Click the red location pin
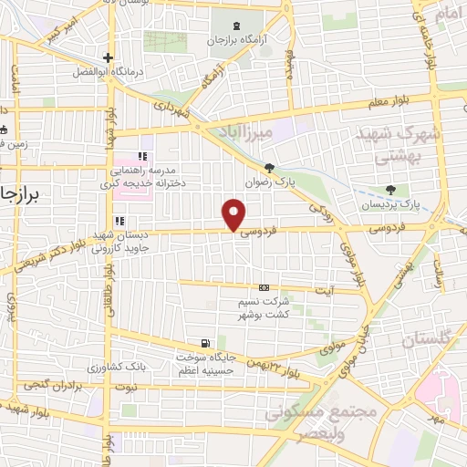click(234, 214)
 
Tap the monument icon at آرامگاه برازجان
click(238, 25)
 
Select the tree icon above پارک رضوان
click(269, 167)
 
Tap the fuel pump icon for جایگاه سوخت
click(207, 344)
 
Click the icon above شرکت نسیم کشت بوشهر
click(265, 288)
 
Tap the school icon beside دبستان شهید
click(119, 221)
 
